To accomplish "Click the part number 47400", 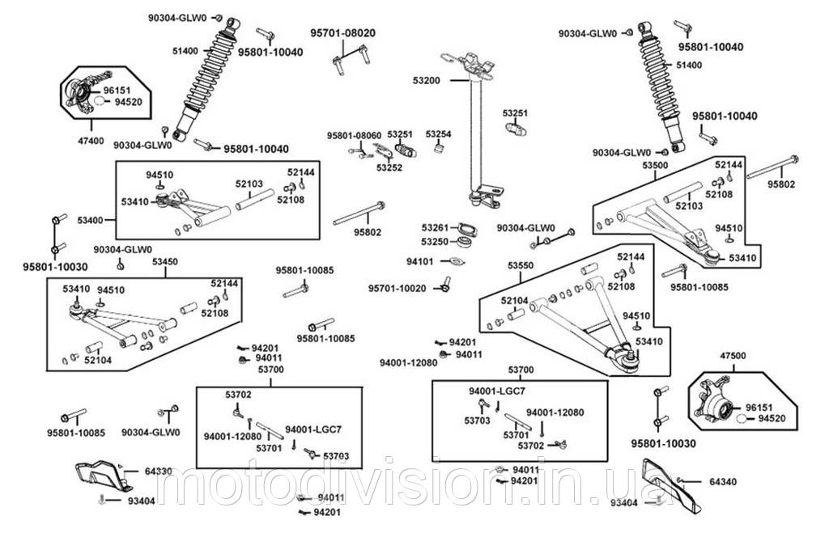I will tap(91, 141).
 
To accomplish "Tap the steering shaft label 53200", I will tap(427, 81).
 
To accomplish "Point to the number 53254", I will tap(438, 133).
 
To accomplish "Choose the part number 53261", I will tap(436, 227).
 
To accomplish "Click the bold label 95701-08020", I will tap(343, 33).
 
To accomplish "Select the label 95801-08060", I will tap(354, 134).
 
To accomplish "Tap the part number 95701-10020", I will tap(396, 288).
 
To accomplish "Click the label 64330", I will tap(159, 471).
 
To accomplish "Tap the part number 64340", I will tap(723, 481).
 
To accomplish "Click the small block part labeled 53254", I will tap(438, 149).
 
